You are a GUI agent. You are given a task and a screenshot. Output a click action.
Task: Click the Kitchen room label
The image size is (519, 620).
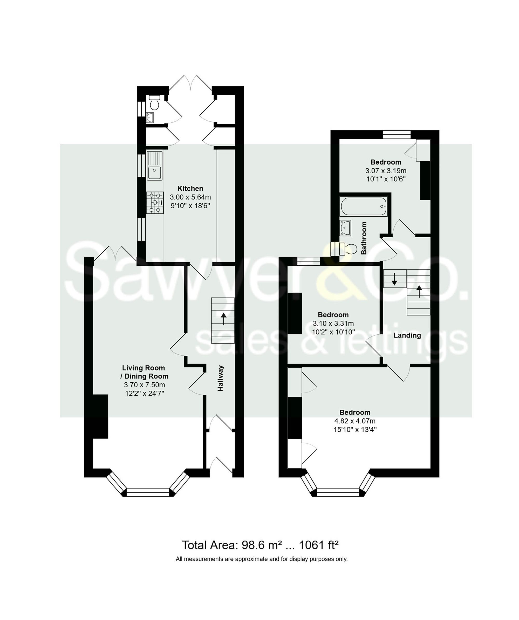tap(190, 188)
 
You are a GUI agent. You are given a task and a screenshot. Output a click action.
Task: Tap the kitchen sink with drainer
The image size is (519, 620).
tap(154, 165)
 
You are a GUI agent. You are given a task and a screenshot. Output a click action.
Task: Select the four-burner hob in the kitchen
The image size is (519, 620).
tap(155, 203)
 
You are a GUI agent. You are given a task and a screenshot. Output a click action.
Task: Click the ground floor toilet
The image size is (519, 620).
tap(154, 102)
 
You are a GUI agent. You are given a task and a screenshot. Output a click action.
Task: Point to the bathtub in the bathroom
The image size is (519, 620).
tap(364, 206)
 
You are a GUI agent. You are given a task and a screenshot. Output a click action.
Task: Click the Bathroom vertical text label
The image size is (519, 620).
tap(364, 238)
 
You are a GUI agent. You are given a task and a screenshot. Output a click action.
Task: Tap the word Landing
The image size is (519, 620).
tap(407, 335)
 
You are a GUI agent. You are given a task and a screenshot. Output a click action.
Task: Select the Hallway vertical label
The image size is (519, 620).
tap(220, 378)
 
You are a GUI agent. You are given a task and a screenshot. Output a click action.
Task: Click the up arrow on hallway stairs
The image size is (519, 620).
tap(224, 319)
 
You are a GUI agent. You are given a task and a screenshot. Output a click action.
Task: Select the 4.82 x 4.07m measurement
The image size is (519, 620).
tap(355, 421)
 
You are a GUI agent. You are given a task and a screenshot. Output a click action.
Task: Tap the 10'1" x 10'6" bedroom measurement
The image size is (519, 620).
tap(386, 179)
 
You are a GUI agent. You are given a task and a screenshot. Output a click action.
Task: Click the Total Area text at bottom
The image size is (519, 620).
tap(260, 545)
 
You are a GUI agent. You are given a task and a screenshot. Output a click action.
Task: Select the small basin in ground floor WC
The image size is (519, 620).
tap(150, 118)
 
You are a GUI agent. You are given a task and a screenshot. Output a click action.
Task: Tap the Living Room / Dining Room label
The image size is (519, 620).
tap(145, 372)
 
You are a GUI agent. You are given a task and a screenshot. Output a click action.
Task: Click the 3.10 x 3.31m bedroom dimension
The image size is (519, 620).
tap(333, 323)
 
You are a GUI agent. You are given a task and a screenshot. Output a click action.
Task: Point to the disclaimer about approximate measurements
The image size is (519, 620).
tap(261, 559)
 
